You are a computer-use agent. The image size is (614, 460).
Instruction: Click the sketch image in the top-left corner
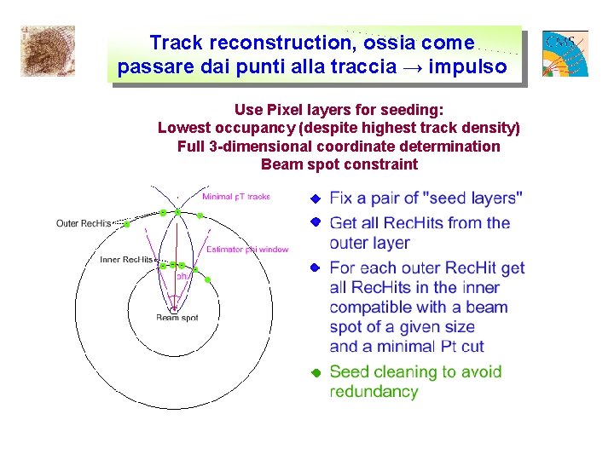(x=48, y=50)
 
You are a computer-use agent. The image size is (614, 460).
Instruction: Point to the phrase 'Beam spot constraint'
(x=339, y=164)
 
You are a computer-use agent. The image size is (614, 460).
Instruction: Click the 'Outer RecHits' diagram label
(x=84, y=224)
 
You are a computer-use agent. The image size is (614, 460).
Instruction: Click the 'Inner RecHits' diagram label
(x=126, y=259)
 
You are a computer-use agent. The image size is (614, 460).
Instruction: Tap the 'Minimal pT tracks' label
(x=235, y=197)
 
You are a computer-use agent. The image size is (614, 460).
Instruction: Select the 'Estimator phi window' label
(x=247, y=250)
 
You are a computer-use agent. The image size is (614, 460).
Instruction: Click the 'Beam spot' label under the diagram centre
(x=177, y=318)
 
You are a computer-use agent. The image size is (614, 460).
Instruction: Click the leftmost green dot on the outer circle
(x=126, y=224)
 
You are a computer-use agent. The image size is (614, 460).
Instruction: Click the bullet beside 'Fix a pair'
(x=314, y=198)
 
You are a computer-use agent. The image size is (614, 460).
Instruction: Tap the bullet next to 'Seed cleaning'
(x=314, y=372)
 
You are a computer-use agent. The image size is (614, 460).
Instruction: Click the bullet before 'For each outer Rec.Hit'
(x=314, y=267)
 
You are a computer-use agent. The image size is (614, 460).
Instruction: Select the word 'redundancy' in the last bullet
(x=374, y=392)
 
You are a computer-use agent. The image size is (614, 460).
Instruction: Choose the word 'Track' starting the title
(x=177, y=42)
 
